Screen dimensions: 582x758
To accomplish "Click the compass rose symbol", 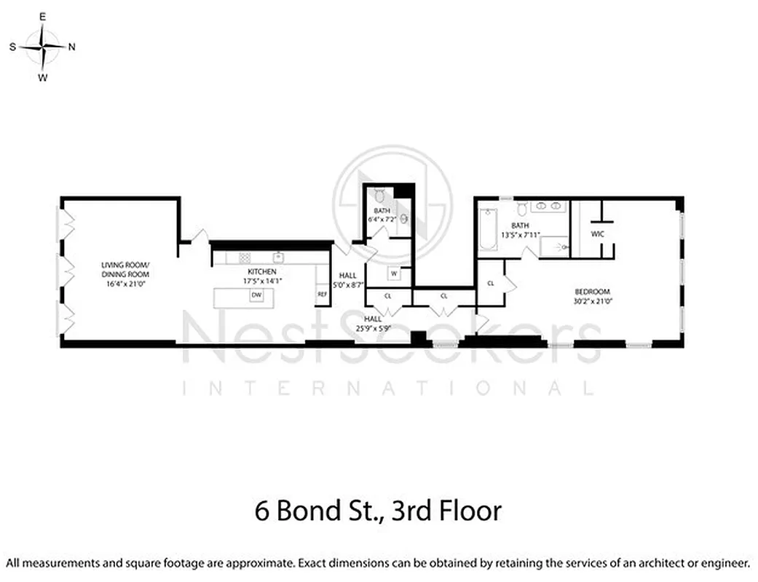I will click(x=43, y=46).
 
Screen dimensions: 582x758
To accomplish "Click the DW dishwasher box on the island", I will click(x=256, y=295).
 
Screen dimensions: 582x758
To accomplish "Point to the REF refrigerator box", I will click(x=322, y=294).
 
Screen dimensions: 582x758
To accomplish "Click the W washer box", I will click(x=393, y=274).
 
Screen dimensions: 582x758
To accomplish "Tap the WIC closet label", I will click(x=598, y=234).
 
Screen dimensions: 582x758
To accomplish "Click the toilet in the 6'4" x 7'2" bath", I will click(x=379, y=196).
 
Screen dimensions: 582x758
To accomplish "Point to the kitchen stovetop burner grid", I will click(x=245, y=257).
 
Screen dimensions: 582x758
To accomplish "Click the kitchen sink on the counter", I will click(x=277, y=257).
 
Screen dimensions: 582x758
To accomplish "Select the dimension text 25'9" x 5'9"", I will click(x=373, y=328).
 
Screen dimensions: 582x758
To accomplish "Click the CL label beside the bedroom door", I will click(x=491, y=282).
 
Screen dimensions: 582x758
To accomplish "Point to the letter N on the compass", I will click(x=71, y=47).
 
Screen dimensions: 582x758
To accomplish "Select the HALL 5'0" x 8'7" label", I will click(x=347, y=281).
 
